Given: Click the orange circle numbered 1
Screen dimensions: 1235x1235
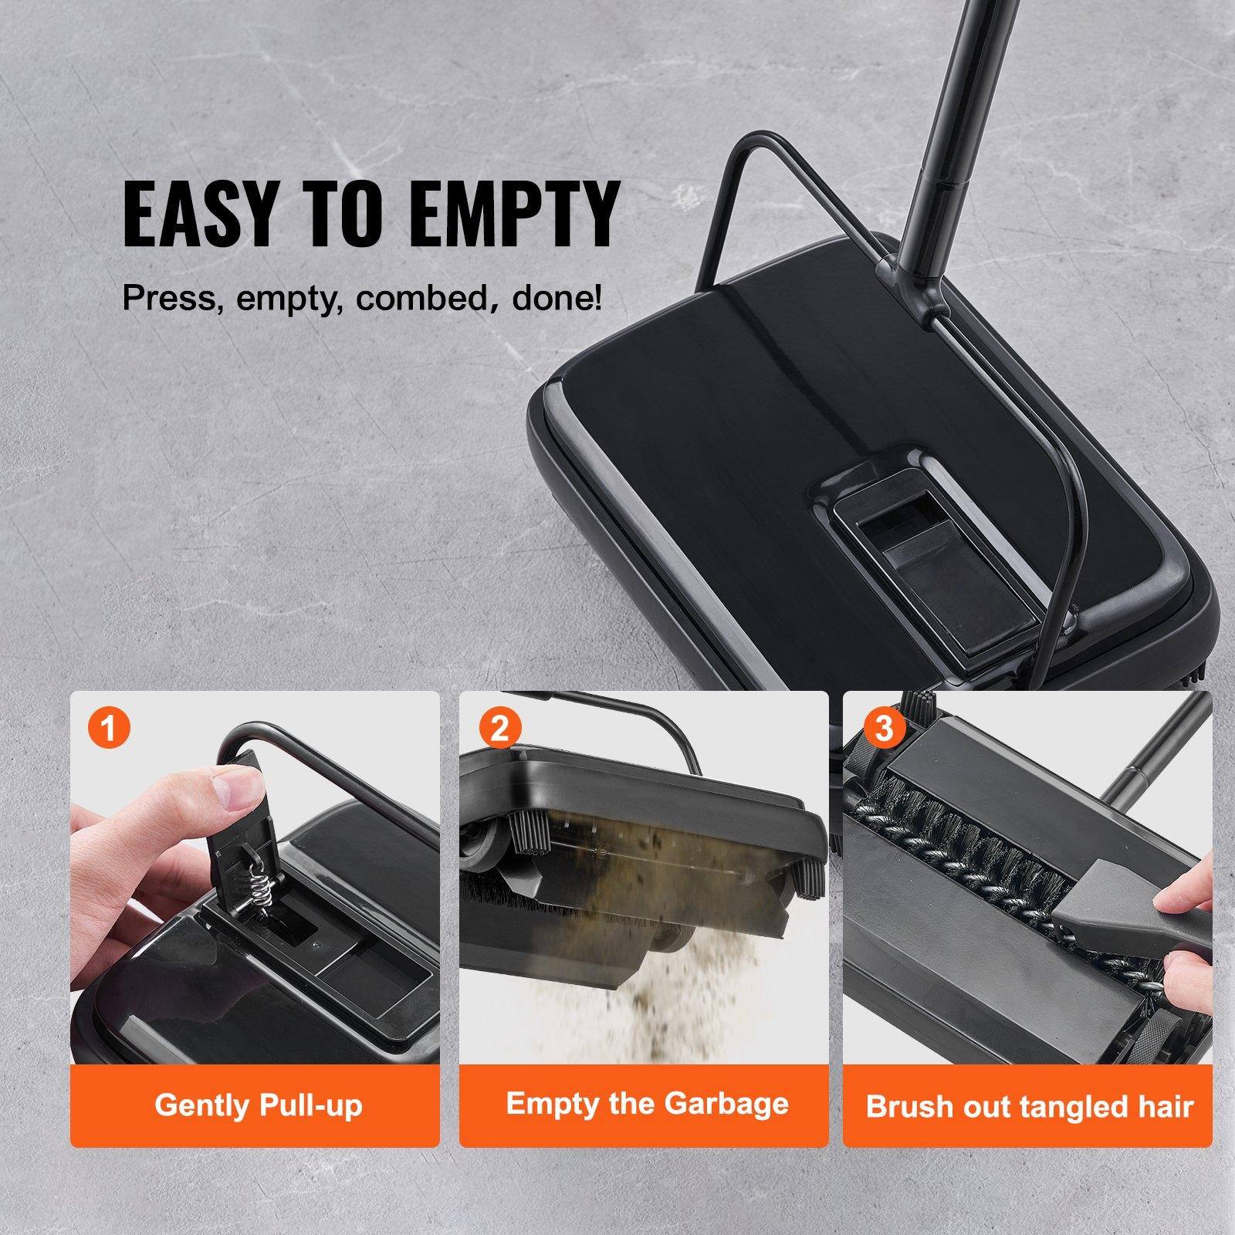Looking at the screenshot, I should point(110,729).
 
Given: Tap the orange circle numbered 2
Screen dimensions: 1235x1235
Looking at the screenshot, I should point(499,729).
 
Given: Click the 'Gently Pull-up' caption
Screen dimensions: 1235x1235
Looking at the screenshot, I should point(258,1105).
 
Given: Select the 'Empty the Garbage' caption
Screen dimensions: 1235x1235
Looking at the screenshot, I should point(647,1104).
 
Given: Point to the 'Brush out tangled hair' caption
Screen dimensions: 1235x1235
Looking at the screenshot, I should point(1030,1106).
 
